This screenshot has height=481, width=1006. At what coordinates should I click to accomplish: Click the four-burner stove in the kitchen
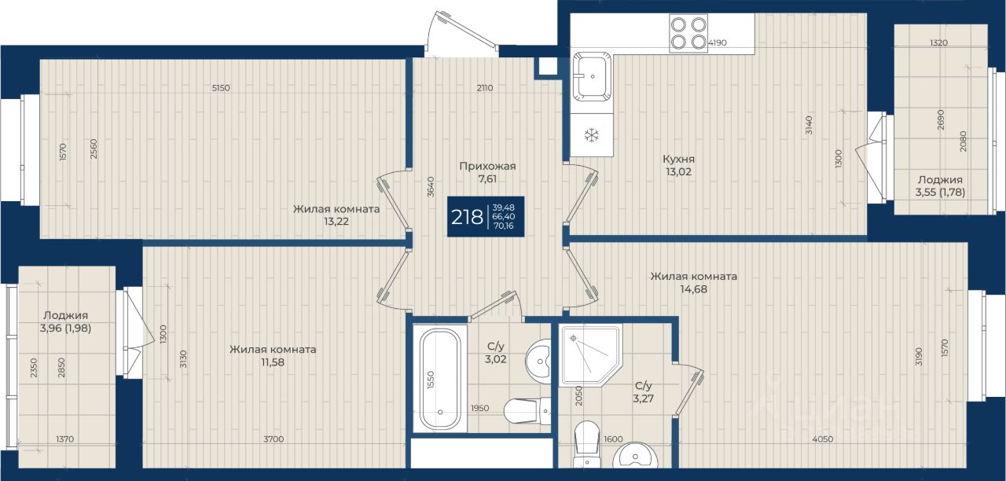coord(688,33)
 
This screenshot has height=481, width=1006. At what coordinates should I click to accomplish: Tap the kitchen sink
coord(592,77)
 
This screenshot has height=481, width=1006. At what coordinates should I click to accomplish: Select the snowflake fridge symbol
coord(592,135)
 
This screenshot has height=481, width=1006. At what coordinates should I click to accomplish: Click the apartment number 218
coord(467,218)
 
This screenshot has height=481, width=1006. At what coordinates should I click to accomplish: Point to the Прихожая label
coord(487,166)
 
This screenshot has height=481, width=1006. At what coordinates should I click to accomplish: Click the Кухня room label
coord(678,159)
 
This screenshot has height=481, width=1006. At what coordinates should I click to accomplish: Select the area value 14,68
coord(693,288)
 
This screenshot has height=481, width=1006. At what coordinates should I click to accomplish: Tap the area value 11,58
coord(273,362)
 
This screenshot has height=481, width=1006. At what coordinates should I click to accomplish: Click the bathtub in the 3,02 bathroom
coord(440,380)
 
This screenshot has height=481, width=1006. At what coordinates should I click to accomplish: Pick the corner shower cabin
coord(589,356)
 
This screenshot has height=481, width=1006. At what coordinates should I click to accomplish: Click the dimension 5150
coord(221,88)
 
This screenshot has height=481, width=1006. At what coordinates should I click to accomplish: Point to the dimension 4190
coord(718,42)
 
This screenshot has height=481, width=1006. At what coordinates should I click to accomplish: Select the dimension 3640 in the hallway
coord(430,187)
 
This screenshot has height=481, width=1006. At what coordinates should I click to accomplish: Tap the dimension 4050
coord(823,439)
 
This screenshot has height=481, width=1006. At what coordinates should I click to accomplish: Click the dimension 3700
coord(274,439)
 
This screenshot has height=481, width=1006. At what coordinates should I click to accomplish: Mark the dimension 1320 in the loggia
coord(938,42)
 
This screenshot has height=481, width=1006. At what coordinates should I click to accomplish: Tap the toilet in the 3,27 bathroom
coord(587,444)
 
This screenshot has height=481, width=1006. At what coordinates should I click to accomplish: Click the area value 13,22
coord(336,222)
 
